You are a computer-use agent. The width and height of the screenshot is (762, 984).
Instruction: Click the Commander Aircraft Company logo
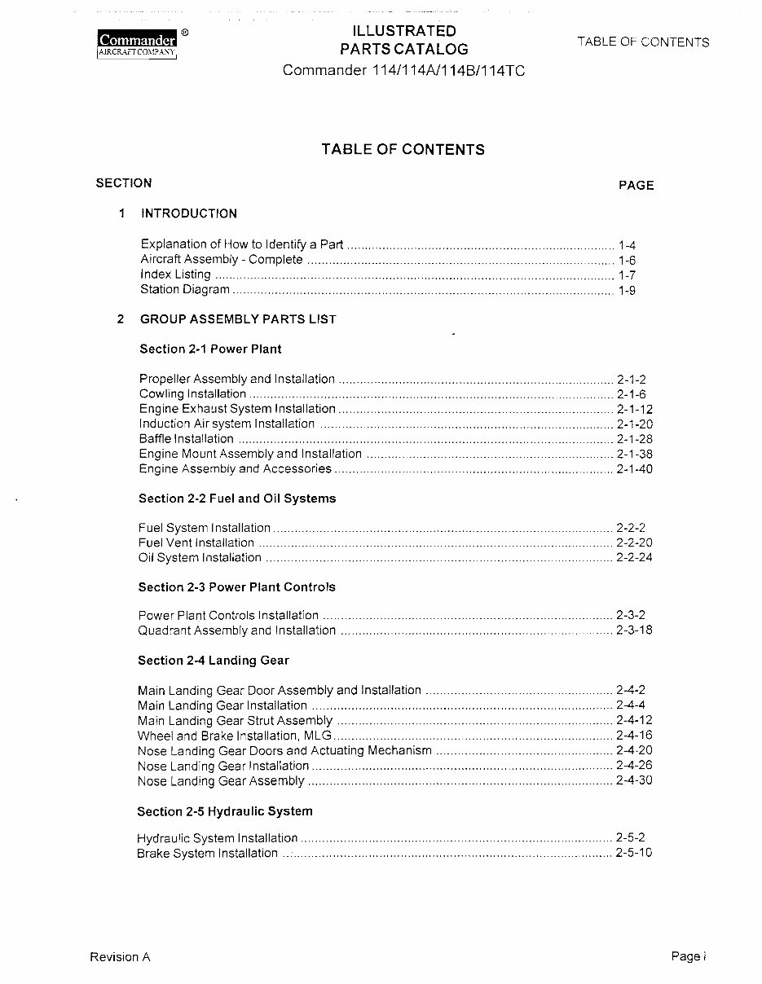tap(138, 43)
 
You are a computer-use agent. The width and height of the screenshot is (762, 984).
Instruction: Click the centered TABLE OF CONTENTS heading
tap(403, 149)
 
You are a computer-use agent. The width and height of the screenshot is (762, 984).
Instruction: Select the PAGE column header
tap(636, 186)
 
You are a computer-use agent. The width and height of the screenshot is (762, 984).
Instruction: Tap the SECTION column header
tap(123, 183)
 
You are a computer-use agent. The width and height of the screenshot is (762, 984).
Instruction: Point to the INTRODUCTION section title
tap(189, 213)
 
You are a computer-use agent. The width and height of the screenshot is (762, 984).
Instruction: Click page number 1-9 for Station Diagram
tap(627, 290)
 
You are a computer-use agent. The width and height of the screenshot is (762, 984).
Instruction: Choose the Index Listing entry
tap(175, 275)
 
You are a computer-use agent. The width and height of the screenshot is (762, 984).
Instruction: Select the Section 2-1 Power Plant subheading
tap(210, 349)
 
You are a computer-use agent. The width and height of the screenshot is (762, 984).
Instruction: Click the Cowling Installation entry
tap(192, 394)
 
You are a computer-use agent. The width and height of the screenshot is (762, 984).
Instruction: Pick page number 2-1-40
tap(635, 469)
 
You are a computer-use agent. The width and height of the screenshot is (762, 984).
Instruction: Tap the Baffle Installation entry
tap(187, 439)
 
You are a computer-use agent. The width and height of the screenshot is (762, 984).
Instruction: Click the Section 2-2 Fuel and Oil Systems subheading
tap(237, 499)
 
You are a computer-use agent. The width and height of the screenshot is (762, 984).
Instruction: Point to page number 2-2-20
tap(635, 543)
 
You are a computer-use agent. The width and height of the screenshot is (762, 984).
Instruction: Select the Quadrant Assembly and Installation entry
tap(236, 630)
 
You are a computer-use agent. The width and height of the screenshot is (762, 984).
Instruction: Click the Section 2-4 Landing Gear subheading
tap(214, 661)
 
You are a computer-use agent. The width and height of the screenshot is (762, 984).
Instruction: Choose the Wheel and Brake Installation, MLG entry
tap(235, 736)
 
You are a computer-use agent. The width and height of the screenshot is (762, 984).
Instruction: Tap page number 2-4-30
tap(635, 780)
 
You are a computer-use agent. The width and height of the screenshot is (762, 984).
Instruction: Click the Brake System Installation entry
tap(207, 854)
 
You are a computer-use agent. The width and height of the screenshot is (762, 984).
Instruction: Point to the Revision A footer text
tap(120, 957)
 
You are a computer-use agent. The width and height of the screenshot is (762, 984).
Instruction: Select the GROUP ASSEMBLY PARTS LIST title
tap(238, 319)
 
